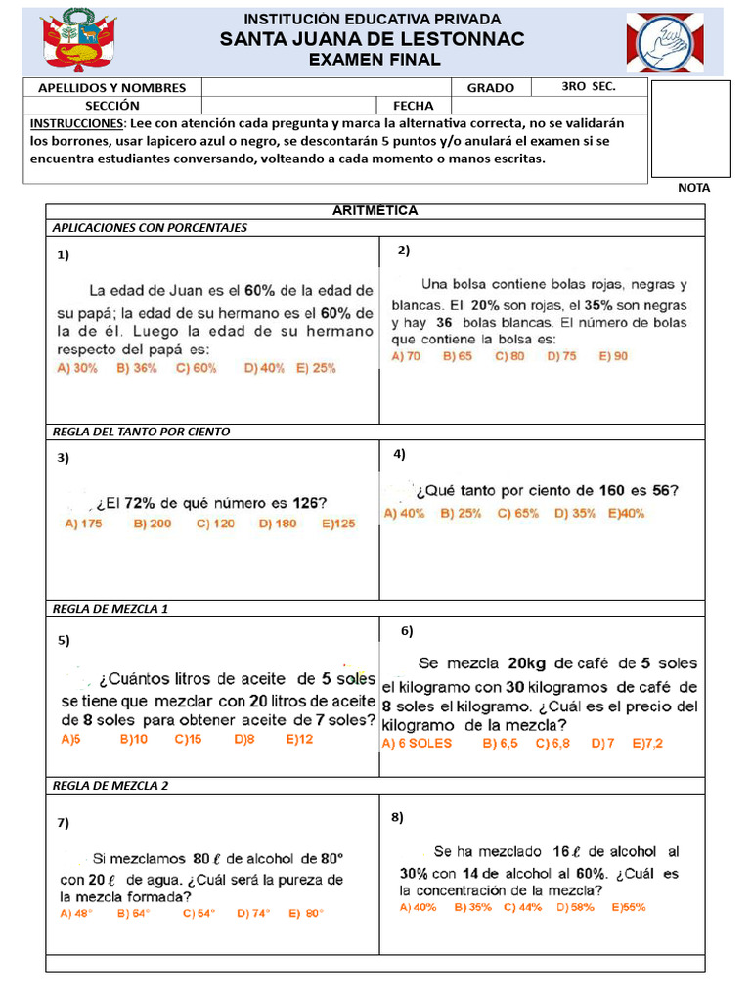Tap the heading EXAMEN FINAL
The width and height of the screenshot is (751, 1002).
click(x=375, y=60)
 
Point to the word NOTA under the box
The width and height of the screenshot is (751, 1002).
click(x=693, y=187)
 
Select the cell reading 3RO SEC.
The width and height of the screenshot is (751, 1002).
click(x=589, y=86)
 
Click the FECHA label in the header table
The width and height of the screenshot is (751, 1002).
click(x=414, y=105)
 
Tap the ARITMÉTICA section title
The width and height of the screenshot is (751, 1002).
click(x=375, y=210)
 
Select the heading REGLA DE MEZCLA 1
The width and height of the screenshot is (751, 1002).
click(x=110, y=608)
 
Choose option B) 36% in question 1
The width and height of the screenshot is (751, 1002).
click(x=137, y=368)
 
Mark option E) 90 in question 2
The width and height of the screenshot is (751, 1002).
click(x=614, y=356)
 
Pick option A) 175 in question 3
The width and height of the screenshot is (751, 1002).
click(x=83, y=524)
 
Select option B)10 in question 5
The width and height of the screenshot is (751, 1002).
click(x=133, y=740)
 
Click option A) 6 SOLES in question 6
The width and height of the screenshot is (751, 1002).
click(x=417, y=744)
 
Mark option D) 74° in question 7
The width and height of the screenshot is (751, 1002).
click(x=253, y=913)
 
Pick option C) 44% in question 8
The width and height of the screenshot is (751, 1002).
click(x=522, y=907)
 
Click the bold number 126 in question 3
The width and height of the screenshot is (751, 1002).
click(x=307, y=503)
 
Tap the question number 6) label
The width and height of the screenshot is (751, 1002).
click(x=408, y=631)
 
